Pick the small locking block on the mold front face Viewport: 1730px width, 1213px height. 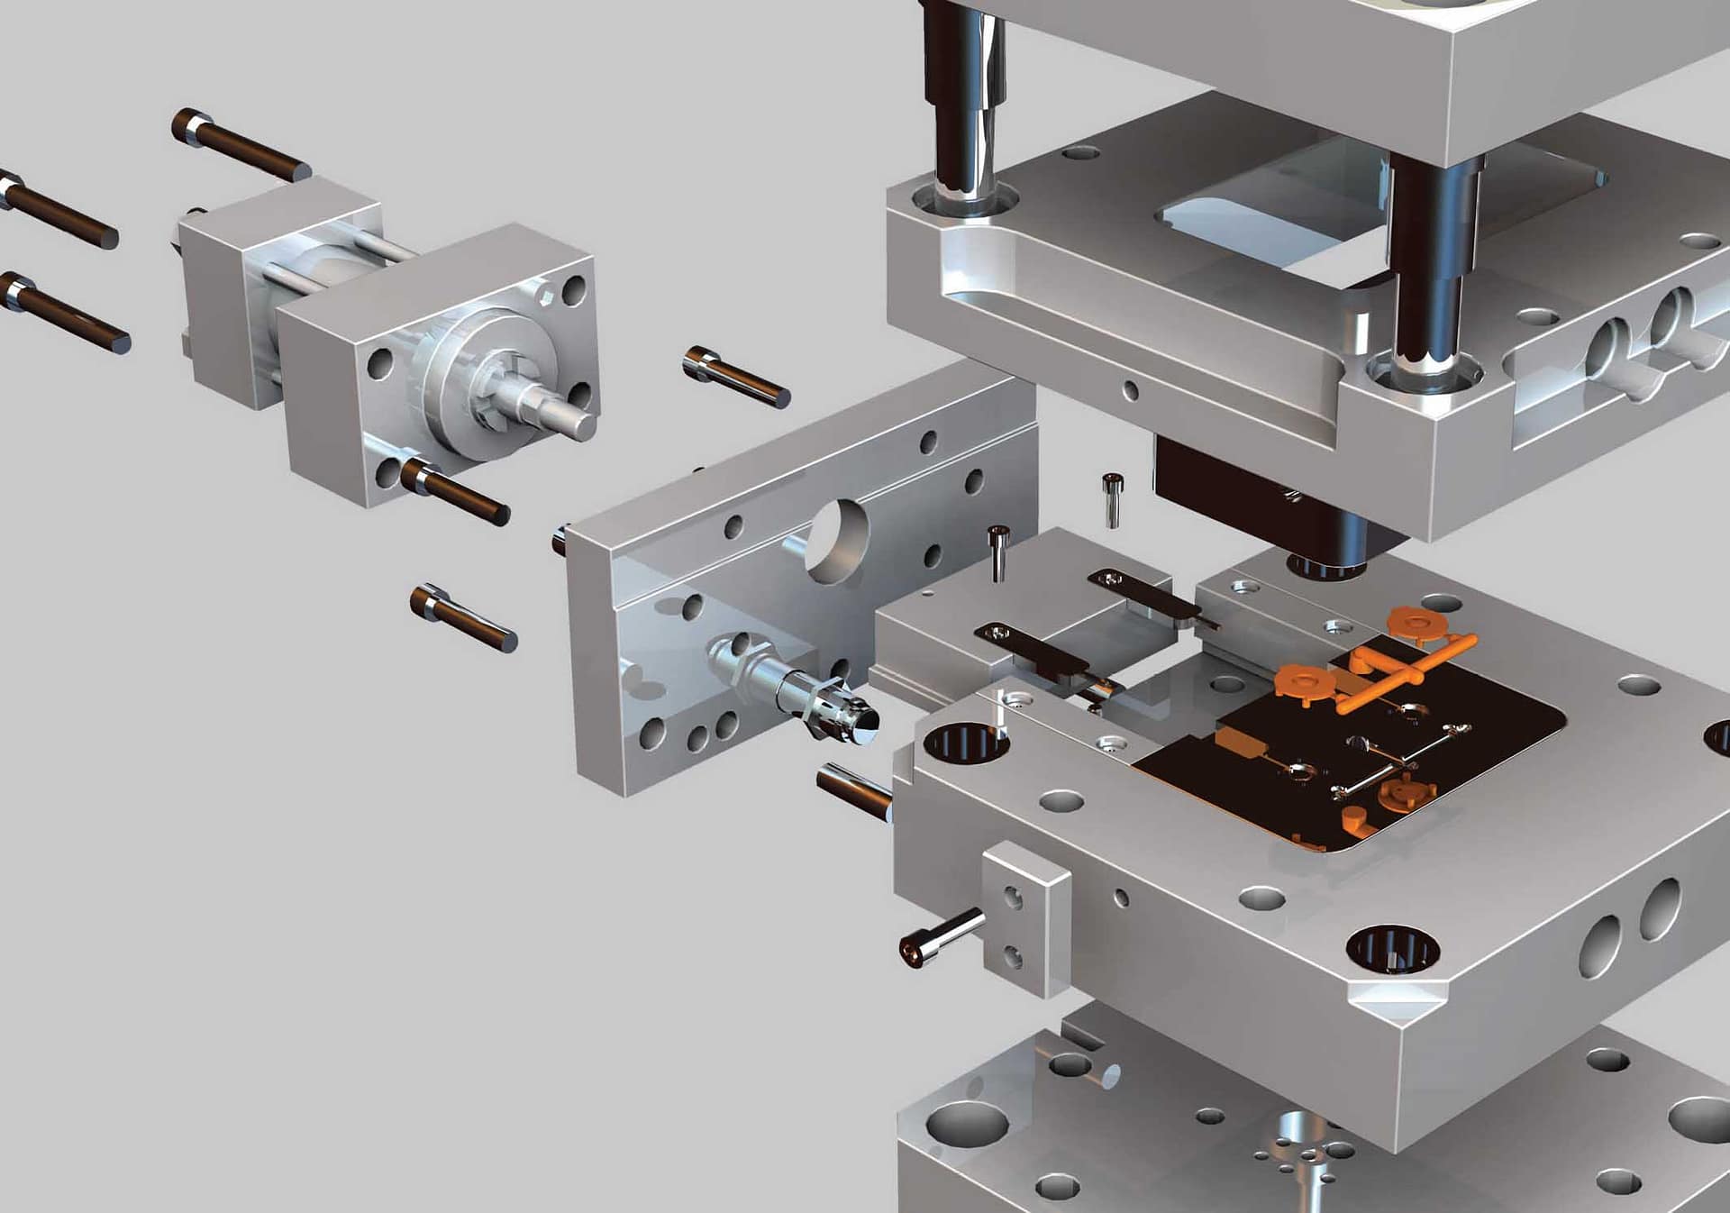1025,918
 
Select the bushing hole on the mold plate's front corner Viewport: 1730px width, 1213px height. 1391,949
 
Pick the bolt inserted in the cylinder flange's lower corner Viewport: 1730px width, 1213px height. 455,491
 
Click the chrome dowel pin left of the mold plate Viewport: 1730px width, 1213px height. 854,790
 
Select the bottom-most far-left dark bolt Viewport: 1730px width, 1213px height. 63,313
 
